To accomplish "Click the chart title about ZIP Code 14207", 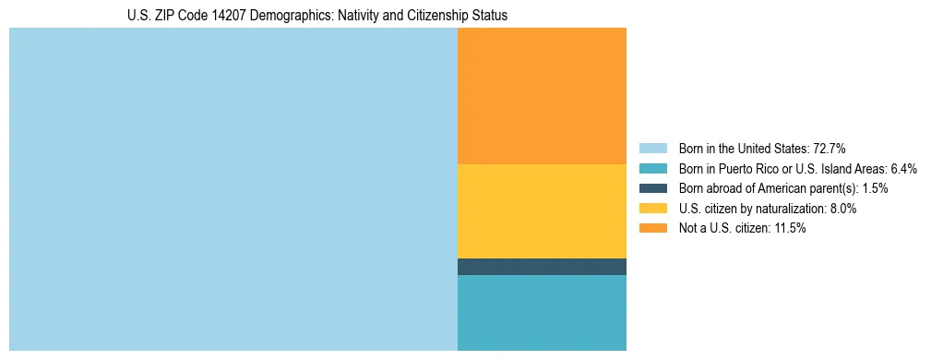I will coord(317,16).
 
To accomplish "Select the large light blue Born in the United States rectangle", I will coord(233,189).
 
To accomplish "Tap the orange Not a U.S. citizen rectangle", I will coord(542,95).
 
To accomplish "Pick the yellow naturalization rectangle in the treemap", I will coord(542,210).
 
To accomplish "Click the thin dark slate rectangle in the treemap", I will coord(542,267).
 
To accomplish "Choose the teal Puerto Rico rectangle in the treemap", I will coord(542,312).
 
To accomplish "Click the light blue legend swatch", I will coord(652,149).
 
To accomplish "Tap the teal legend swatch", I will coord(652,169).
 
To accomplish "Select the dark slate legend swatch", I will coord(652,188).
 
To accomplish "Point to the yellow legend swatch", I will coord(652,209).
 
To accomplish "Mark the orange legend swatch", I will coord(652,229).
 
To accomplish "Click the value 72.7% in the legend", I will coord(829,149).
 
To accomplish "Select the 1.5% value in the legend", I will coord(875,188).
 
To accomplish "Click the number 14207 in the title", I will coord(225,16).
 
